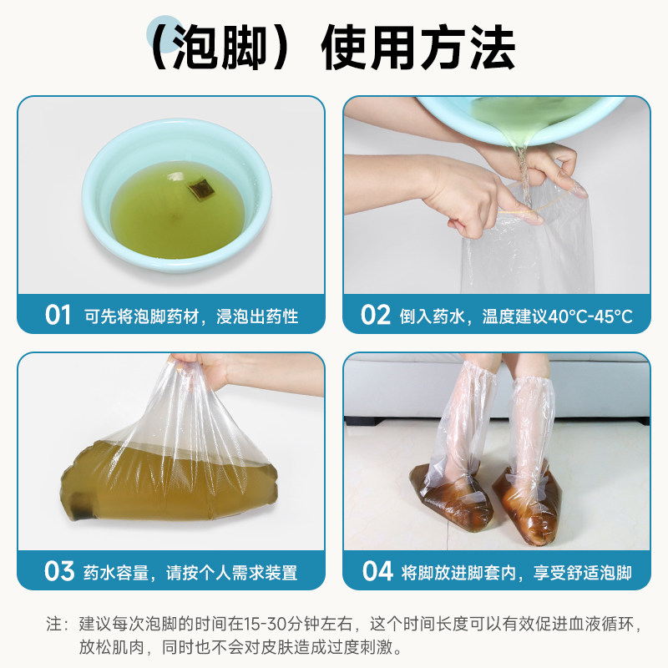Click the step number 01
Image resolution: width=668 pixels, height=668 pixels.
tap(58, 315)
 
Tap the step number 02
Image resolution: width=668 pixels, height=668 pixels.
tap(376, 315)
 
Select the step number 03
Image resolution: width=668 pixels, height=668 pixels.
tap(59, 571)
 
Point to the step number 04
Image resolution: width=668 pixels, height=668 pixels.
tap(377, 571)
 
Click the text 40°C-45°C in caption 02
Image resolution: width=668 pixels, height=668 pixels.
tap(588, 316)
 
